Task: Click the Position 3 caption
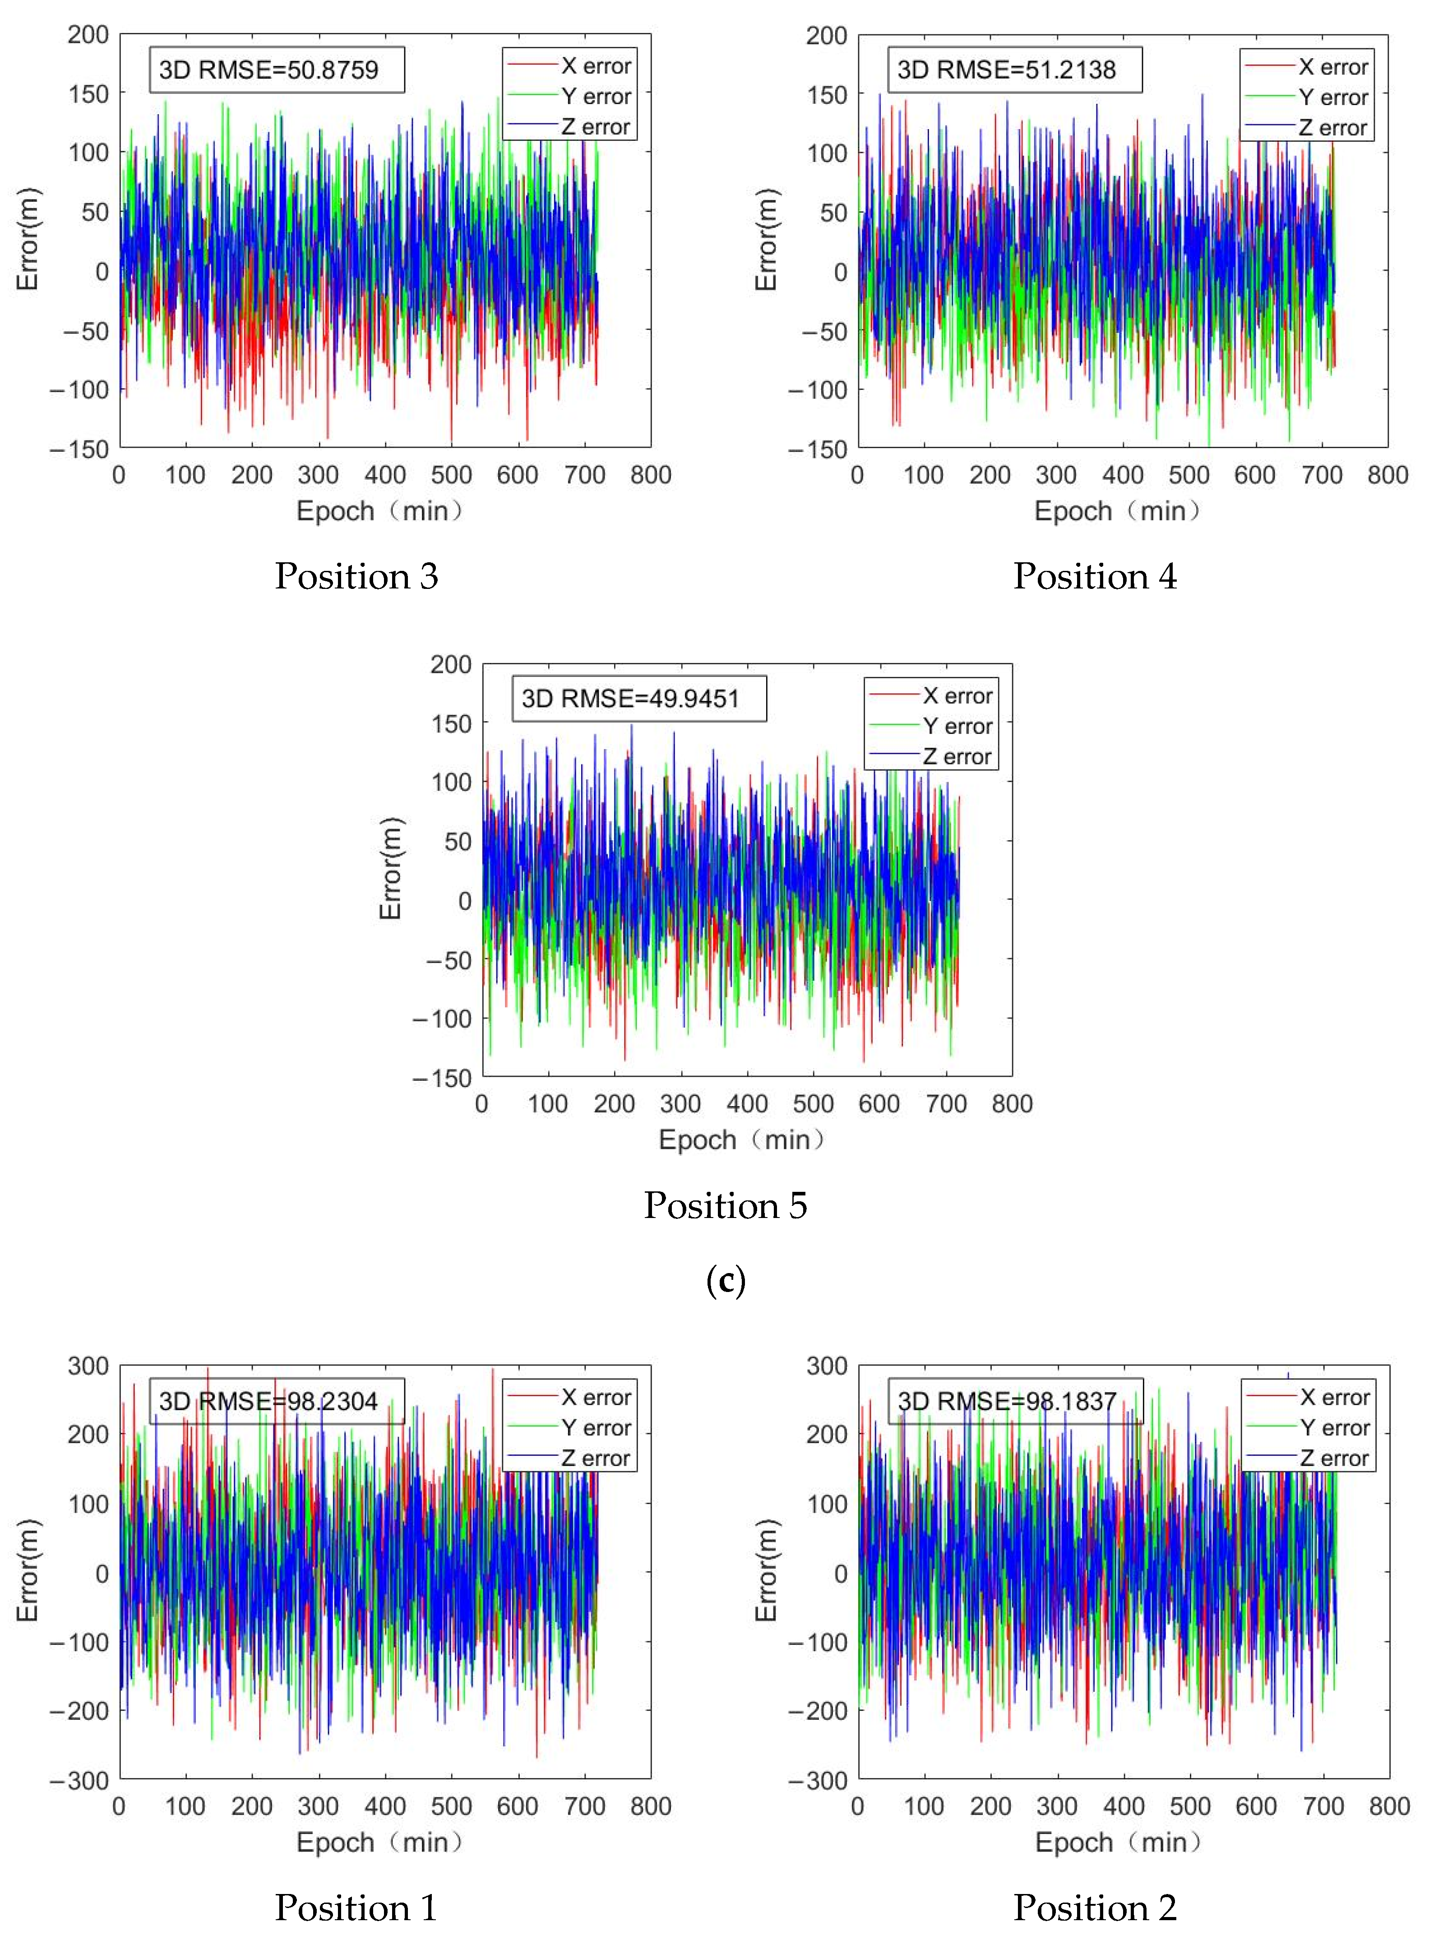(356, 576)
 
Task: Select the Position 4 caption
(1095, 576)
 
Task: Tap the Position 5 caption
(725, 1205)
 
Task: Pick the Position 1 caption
(356, 1908)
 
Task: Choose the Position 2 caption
(1095, 1908)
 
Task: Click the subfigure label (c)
(725, 1281)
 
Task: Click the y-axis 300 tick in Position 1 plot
(88, 1366)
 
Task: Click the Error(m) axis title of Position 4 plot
(767, 240)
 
